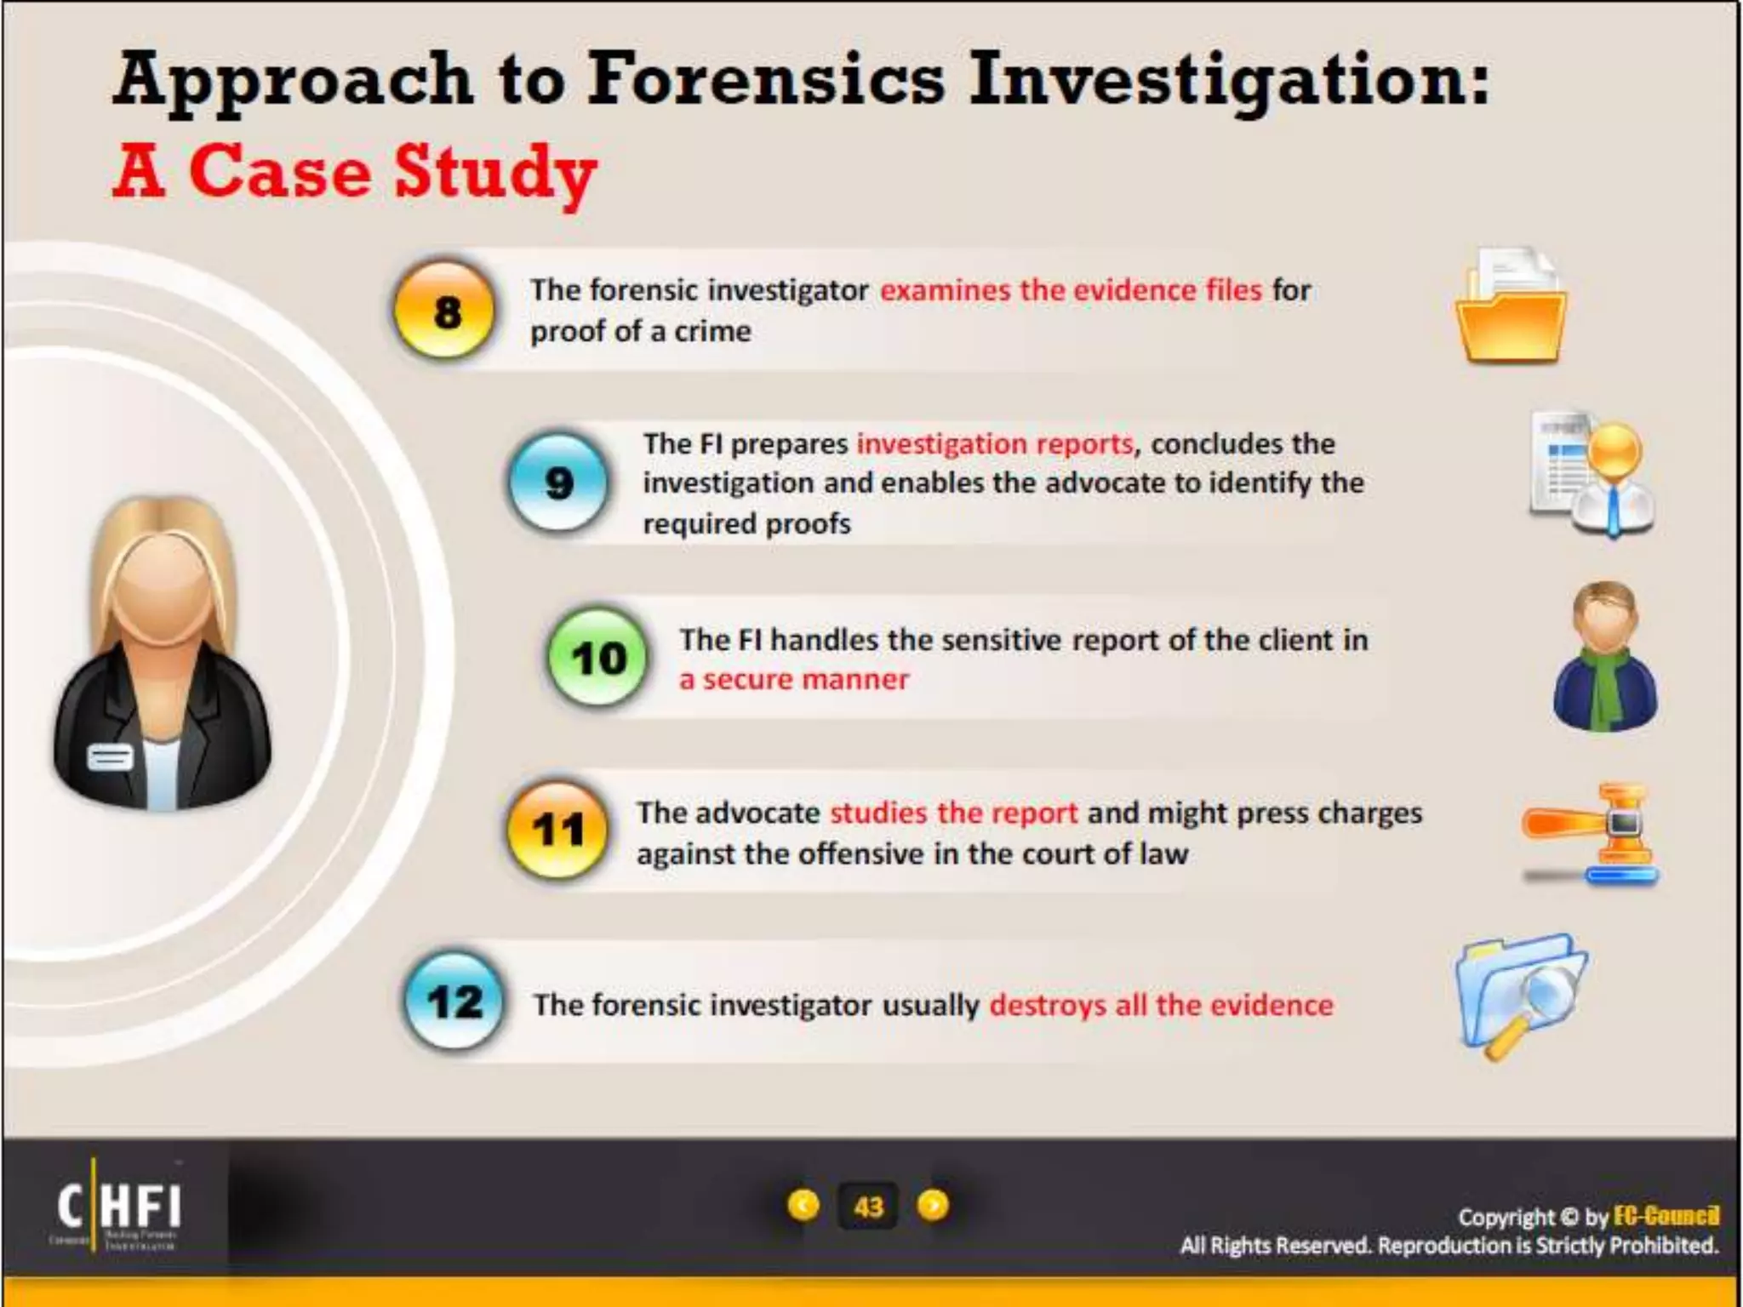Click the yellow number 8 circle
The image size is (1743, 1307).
point(444,311)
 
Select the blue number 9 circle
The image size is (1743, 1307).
point(558,482)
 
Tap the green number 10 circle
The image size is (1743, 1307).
point(598,658)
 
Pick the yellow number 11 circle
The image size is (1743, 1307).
point(557,830)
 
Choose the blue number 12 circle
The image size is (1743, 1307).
point(454,1002)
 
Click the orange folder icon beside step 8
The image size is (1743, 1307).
point(1511,307)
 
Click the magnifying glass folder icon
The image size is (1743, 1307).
point(1519,996)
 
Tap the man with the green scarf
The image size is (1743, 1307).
point(1605,656)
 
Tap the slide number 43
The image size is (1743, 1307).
point(868,1207)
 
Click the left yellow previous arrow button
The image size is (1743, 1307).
point(803,1205)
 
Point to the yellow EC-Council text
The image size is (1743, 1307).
point(1666,1216)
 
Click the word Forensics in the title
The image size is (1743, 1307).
point(766,79)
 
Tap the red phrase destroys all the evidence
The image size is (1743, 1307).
point(1161,1005)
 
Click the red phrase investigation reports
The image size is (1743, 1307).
point(995,443)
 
